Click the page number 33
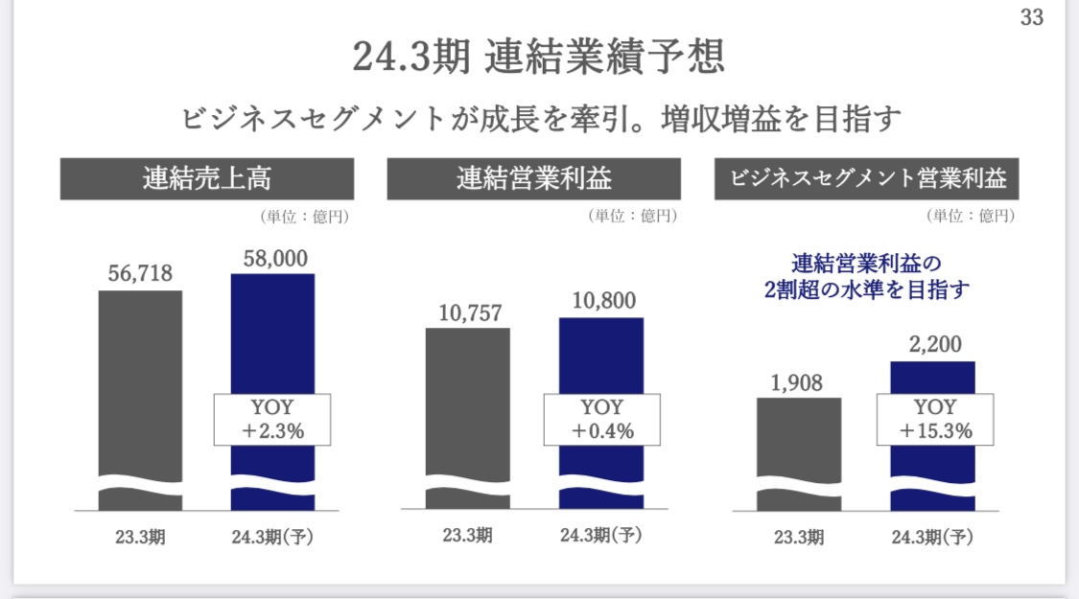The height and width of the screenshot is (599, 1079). pos(1031,16)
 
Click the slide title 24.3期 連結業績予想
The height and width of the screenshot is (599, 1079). pos(538,57)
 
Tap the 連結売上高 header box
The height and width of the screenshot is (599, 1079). pos(207,179)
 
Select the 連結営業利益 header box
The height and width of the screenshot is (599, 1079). pos(534,179)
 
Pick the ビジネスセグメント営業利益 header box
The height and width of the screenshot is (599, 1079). pos(866,179)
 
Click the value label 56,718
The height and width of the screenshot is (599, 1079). pos(140,273)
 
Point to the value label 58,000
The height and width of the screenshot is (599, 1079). pos(275,259)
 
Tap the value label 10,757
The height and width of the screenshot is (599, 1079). pos(471,313)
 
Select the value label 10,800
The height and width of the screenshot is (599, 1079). pos(604,301)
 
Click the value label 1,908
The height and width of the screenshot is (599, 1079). pos(796,383)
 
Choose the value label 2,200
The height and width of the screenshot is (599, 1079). pos(935,344)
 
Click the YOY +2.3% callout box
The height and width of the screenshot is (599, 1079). pos(272,420)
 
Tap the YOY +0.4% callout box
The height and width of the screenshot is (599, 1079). pos(602,420)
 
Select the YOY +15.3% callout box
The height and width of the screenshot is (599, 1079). pos(935,420)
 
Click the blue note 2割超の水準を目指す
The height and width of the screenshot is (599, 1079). pos(866,289)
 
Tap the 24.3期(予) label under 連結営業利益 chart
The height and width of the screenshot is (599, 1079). pos(600,535)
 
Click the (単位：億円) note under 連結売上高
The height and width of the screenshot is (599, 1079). pos(305,217)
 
